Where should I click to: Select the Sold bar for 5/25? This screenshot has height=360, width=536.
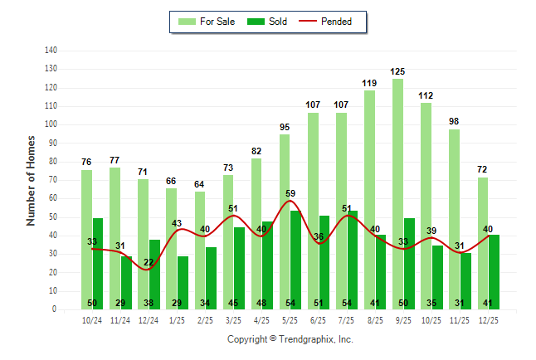296,259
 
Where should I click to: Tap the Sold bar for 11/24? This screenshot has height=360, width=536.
126,282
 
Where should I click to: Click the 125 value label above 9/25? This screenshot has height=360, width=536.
398,71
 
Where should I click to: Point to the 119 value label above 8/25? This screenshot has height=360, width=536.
370,83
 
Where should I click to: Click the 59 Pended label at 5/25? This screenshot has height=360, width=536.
290,194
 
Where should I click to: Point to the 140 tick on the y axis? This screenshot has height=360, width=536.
51,51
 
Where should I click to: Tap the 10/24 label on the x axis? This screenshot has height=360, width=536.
92,319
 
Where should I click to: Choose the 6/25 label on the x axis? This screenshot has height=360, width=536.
319,319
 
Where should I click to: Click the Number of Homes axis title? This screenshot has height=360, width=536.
32,180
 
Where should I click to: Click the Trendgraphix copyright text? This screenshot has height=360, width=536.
290,339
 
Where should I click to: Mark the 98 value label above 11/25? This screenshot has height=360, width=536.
455,122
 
